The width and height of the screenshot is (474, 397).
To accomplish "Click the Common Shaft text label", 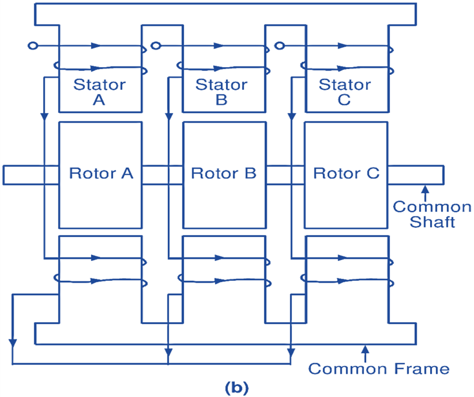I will tap(432, 214).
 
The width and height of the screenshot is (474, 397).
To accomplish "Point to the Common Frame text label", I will tap(379, 369).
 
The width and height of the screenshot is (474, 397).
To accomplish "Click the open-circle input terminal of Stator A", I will tap(32, 46).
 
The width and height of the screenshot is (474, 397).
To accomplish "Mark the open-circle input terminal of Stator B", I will tap(156, 46).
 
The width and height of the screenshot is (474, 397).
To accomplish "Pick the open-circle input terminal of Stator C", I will tap(279, 46).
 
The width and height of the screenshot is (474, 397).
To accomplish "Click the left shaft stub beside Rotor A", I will tap(23, 175).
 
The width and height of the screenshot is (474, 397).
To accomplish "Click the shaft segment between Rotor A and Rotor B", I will tap(162, 175).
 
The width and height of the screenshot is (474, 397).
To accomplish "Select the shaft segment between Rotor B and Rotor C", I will tap(285, 175).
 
